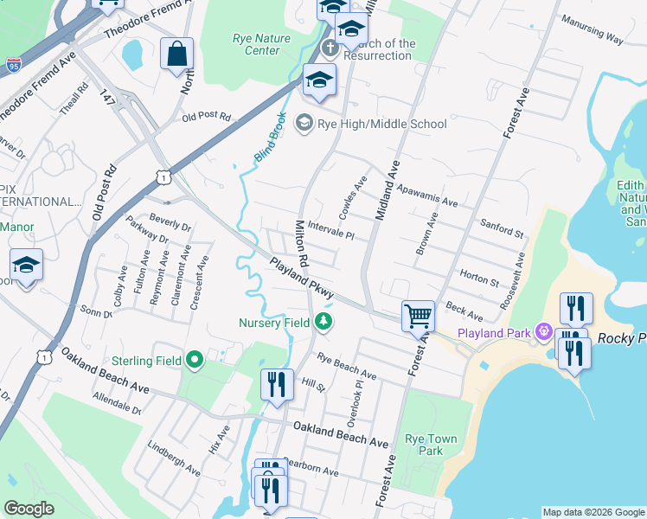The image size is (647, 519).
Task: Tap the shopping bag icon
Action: point(176,54)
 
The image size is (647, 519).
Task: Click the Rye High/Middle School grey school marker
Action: point(304,124)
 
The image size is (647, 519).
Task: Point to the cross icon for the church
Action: point(329,46)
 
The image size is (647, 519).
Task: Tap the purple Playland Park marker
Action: point(543,331)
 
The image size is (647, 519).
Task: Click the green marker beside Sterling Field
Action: point(194,360)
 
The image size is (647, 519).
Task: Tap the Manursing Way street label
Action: point(592,31)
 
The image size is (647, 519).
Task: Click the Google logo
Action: point(29,509)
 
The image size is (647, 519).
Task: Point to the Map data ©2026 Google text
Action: point(593,512)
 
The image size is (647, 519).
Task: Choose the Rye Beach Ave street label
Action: point(346,367)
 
